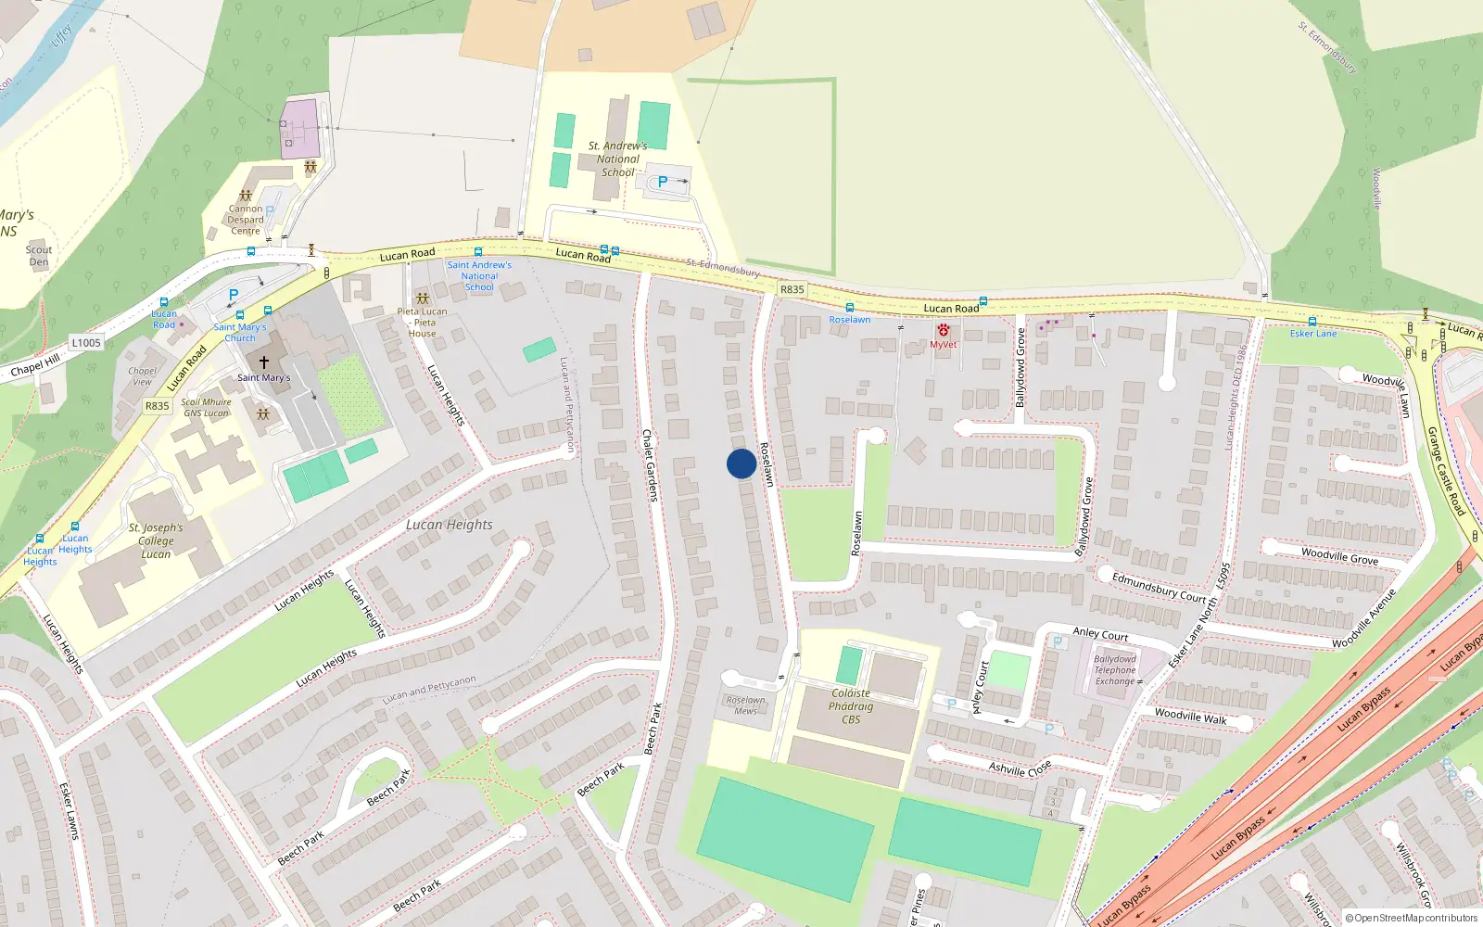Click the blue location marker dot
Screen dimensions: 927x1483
(x=741, y=463)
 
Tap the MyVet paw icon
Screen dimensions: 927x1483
(x=943, y=330)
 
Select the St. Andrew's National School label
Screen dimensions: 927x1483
(x=617, y=159)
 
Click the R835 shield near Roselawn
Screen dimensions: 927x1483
(x=792, y=289)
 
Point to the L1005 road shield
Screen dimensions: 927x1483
(x=86, y=343)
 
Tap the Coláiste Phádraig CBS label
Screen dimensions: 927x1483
(x=851, y=706)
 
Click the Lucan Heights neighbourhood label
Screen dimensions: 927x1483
(x=450, y=525)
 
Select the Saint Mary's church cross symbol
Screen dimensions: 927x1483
(x=264, y=362)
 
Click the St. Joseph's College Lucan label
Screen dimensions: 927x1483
(x=156, y=541)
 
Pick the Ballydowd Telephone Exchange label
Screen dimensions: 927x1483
(x=1114, y=670)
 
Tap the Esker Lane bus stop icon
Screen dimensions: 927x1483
(x=1312, y=322)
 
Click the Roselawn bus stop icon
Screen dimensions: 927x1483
(x=849, y=308)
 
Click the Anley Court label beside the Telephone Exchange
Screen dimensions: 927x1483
(x=1100, y=634)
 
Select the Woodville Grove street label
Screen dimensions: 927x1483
(x=1339, y=556)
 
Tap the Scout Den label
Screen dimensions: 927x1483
(x=39, y=256)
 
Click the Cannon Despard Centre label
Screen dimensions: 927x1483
(x=246, y=221)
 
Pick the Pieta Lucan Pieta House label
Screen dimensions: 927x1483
(x=423, y=323)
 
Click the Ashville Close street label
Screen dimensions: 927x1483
(x=1020, y=768)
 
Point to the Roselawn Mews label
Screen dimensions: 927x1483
(x=746, y=705)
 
